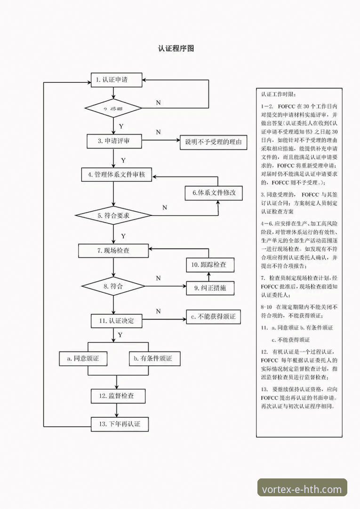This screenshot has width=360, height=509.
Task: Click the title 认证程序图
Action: (176, 48)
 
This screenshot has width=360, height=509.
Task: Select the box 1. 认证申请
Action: (116, 80)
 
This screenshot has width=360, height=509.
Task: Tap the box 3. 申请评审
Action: (114, 141)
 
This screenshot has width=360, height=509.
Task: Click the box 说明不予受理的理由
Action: (213, 142)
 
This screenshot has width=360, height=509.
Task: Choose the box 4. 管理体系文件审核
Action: (116, 175)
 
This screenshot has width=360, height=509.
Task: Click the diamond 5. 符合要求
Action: (113, 215)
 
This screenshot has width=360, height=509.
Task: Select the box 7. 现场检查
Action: (113, 251)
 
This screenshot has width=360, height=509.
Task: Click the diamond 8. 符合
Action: (113, 286)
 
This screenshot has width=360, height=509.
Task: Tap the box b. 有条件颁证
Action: (153, 358)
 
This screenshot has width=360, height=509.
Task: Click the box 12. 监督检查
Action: (118, 396)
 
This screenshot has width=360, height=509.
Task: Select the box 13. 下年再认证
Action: (120, 424)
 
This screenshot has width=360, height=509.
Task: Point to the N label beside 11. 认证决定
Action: (158, 311)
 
